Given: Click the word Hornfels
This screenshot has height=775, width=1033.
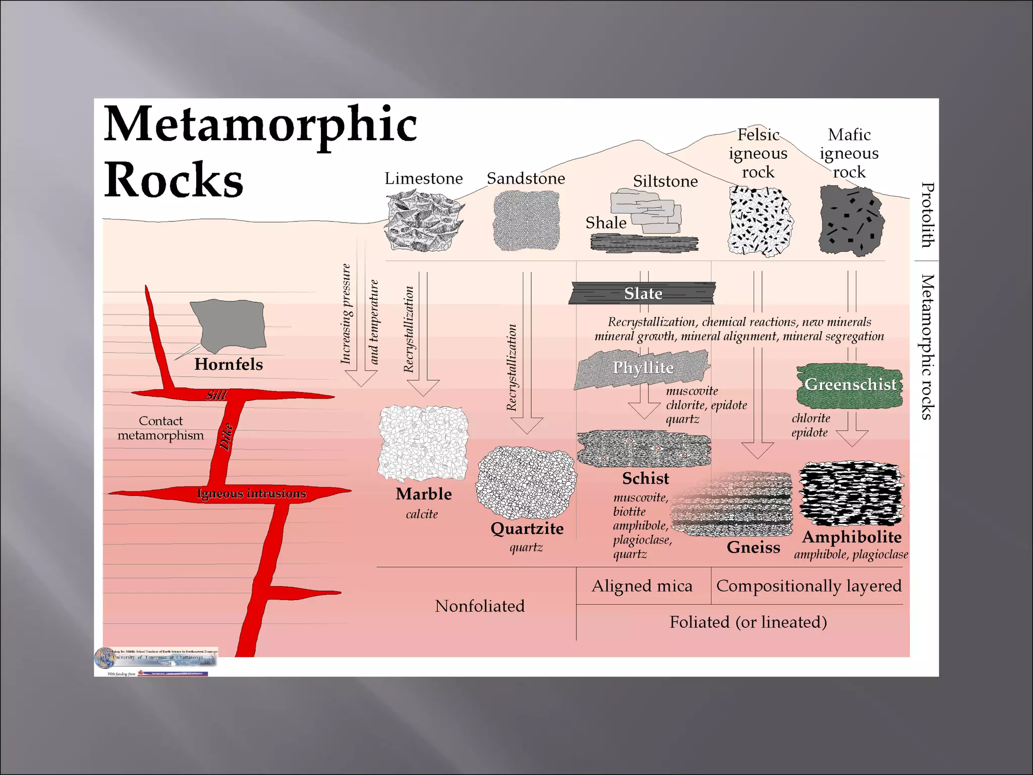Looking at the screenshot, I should coord(228,364).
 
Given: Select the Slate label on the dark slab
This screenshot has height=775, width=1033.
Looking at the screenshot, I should coord(643,293).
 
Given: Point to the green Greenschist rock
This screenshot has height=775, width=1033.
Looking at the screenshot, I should coord(849,385).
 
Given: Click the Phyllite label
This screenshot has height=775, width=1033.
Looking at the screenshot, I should coord(643,367).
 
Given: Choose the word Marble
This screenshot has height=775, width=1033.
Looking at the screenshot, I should coord(424,493).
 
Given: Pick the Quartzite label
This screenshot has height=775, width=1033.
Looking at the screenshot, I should coord(527,528).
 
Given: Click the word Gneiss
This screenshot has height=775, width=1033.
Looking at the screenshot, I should coord(753,547).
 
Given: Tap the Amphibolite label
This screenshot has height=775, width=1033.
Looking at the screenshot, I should coord(851,537).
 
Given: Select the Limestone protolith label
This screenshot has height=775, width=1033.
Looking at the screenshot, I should coord(424,178).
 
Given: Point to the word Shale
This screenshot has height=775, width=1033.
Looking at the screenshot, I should coord(606,223).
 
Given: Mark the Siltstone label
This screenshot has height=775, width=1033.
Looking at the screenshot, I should coord(665,181).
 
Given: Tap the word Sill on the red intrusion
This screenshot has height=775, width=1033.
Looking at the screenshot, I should coord(216,395).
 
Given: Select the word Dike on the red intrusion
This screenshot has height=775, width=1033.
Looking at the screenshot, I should coord(226,437).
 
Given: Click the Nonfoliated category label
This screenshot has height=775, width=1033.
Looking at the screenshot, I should coord(480,605).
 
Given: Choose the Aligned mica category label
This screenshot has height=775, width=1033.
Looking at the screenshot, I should coord(642,586).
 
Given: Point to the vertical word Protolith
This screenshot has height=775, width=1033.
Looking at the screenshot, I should coord(927,215).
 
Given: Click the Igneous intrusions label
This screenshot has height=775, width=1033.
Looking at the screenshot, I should coord(251,493).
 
